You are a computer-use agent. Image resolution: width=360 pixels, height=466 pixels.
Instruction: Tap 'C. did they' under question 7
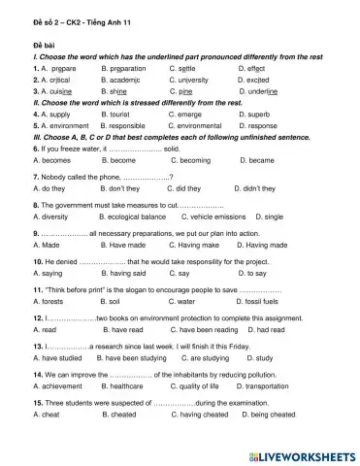pyautogui.click(x=189, y=189)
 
